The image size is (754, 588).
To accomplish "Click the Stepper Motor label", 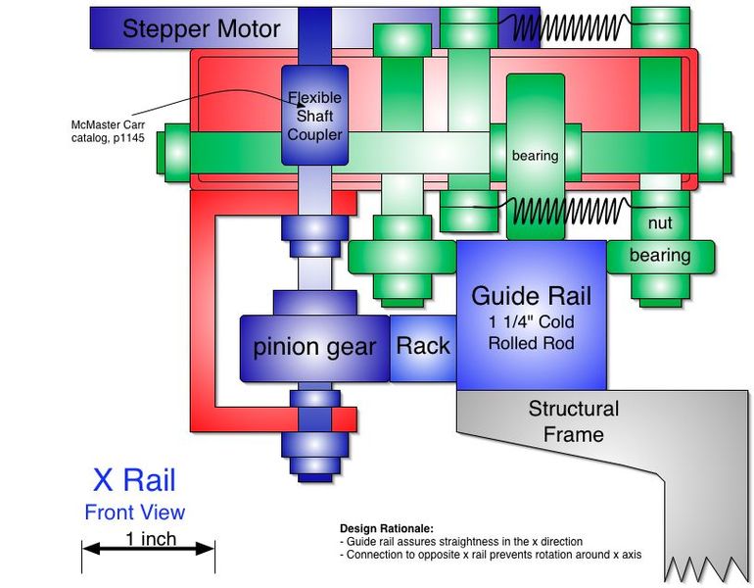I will pyautogui.click(x=201, y=29).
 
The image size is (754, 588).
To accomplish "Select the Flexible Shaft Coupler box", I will pyautogui.click(x=314, y=116).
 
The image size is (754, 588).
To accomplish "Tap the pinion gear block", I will pyautogui.click(x=314, y=347).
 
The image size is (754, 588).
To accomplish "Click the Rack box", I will pyautogui.click(x=423, y=346).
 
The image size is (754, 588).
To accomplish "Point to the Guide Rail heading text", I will pyautogui.click(x=531, y=295).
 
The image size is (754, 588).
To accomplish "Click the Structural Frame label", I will pyautogui.click(x=574, y=420).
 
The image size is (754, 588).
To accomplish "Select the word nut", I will pyautogui.click(x=661, y=222).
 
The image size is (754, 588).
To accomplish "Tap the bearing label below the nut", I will pyautogui.click(x=660, y=256).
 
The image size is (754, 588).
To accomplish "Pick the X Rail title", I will pyautogui.click(x=134, y=480).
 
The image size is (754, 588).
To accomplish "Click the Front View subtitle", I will pyautogui.click(x=134, y=512).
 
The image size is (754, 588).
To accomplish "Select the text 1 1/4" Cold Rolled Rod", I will pyautogui.click(x=532, y=332).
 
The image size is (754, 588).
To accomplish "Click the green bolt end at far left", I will pyautogui.click(x=175, y=152).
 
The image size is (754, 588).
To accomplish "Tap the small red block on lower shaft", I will pyautogui.click(x=344, y=419).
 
